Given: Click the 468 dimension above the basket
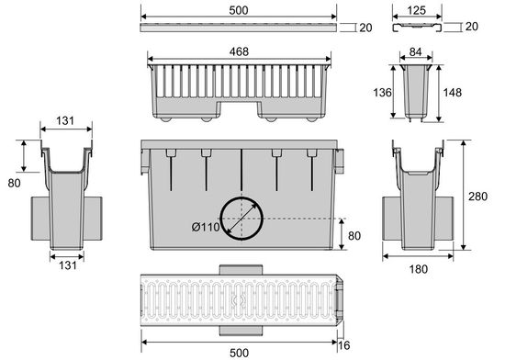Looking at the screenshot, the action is pos(239,51).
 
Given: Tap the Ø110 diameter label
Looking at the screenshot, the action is pos(206,228).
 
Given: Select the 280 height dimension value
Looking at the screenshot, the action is pos(478,197).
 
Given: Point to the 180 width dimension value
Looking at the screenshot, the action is pos(418,269).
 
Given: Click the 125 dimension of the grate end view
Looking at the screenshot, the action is pos(417,10).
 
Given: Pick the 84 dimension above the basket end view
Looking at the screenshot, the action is pos(415,51).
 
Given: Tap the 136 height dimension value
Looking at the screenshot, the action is pos(382,93).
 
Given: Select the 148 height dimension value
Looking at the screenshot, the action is pos(453,93).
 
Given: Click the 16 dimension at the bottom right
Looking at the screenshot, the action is pos(344,345).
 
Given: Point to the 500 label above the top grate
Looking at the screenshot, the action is pos(239,10).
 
